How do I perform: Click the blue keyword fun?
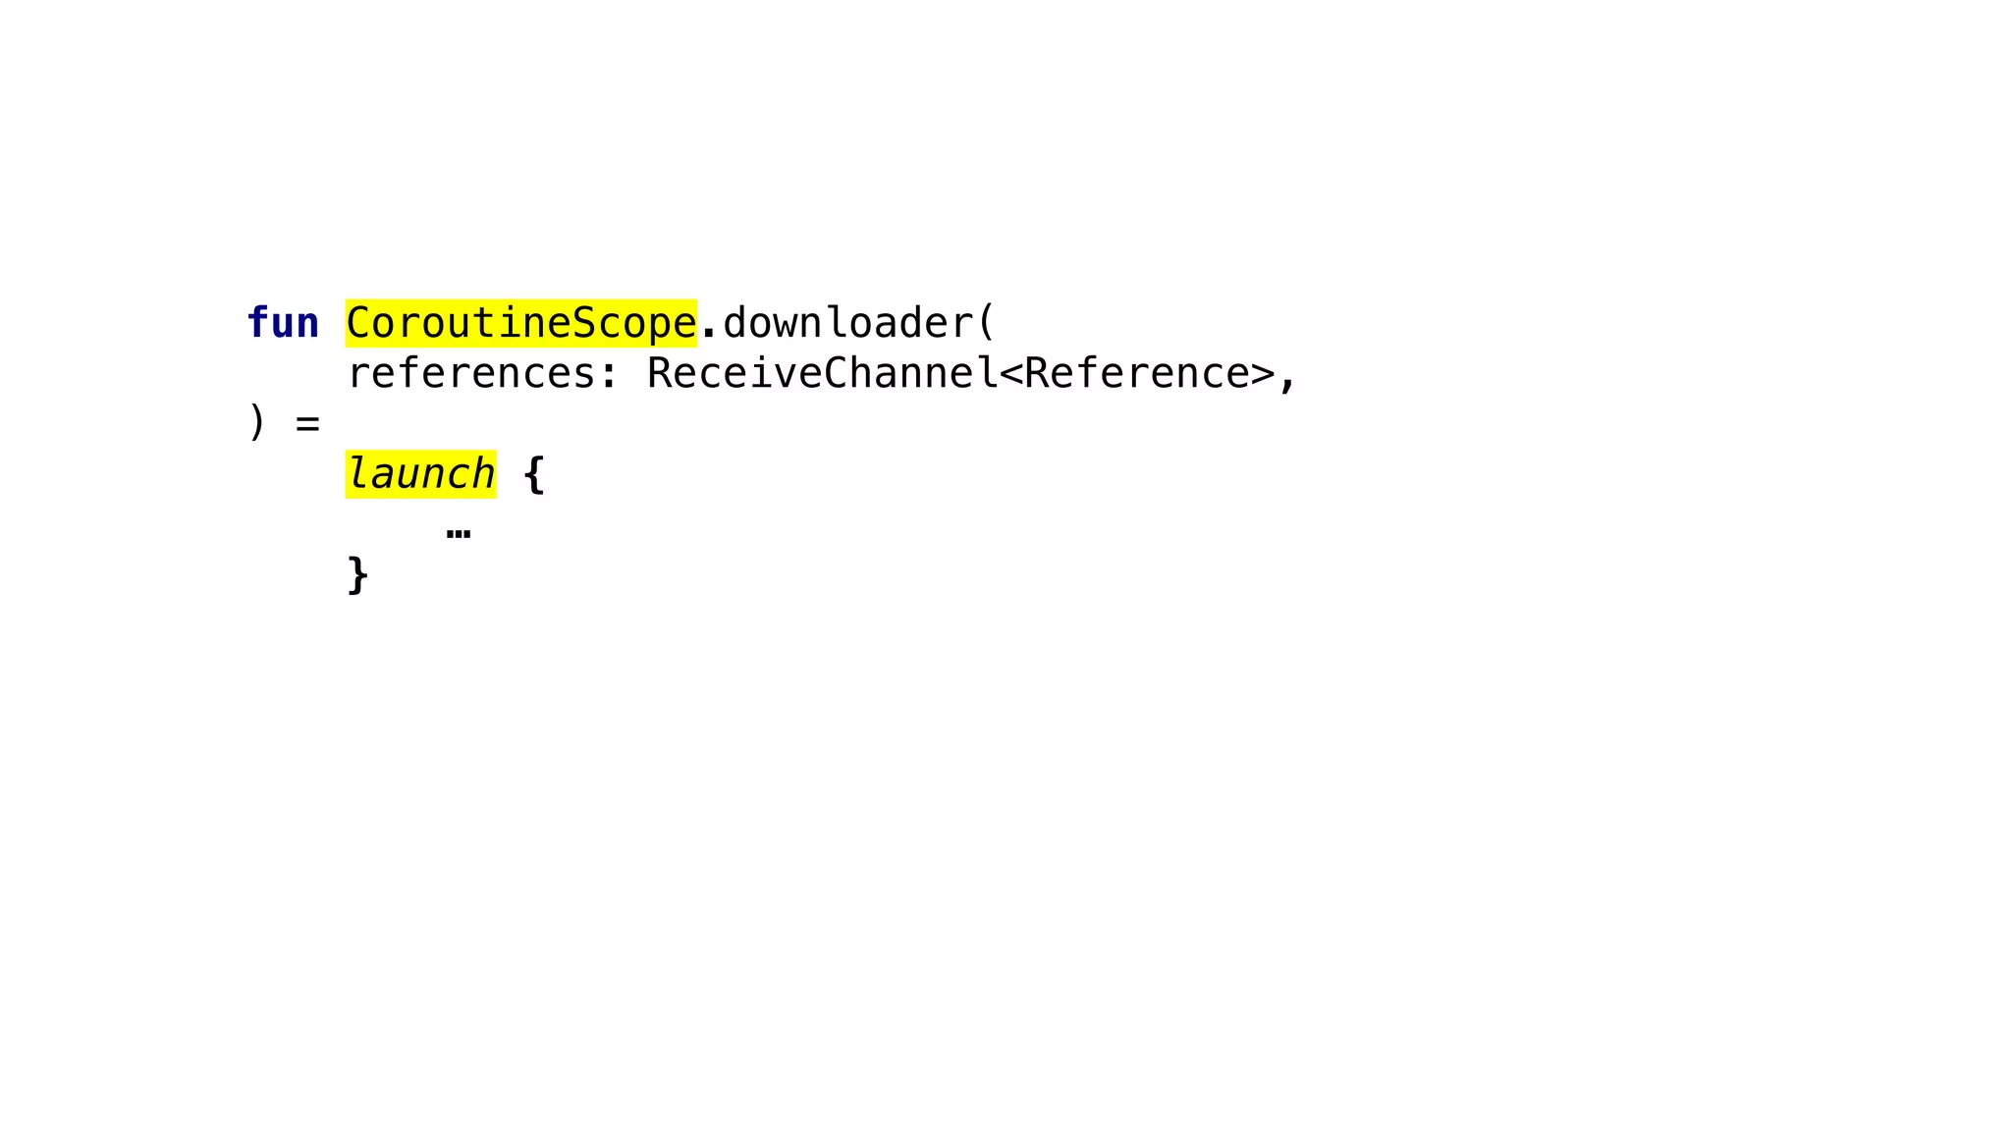pyautogui.click(x=283, y=323)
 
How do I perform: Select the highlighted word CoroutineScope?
pyautogui.click(x=520, y=323)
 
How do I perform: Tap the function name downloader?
pyautogui.click(x=847, y=323)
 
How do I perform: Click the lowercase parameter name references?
pyautogui.click(x=471, y=374)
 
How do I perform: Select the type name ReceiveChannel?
pyautogui.click(x=822, y=374)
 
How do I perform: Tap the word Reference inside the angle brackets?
pyautogui.click(x=1136, y=374)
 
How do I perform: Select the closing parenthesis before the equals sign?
pyautogui.click(x=257, y=423)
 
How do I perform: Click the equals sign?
pyautogui.click(x=307, y=424)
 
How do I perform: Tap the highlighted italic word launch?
pyautogui.click(x=420, y=474)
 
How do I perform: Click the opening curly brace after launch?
pyautogui.click(x=534, y=474)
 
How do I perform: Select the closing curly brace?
pyautogui.click(x=357, y=574)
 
